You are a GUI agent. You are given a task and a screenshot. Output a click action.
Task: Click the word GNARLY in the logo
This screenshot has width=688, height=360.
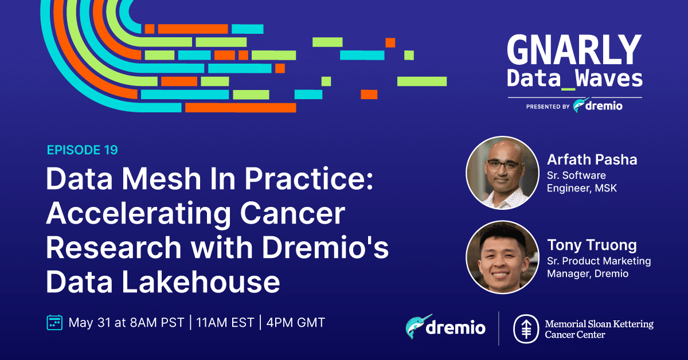574,49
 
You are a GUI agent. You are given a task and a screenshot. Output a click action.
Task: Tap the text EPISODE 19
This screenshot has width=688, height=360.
83,150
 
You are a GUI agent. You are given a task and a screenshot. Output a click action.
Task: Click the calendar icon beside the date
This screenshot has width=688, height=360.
54,323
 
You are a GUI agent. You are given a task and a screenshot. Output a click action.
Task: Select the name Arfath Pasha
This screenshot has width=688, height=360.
592,160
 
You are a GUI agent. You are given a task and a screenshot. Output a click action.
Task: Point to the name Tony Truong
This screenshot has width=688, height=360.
592,245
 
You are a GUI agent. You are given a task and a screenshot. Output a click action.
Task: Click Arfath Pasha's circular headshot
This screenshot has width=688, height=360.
502,173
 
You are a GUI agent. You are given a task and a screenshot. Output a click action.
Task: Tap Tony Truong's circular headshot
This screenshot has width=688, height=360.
502,257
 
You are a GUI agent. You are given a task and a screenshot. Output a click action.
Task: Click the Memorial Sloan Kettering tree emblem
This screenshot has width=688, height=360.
526,328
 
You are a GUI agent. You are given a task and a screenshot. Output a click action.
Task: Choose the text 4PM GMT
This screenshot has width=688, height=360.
296,323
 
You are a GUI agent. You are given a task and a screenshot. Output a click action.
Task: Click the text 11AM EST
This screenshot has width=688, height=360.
225,323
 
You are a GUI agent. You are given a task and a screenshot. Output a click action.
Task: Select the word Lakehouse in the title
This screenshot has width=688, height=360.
201,281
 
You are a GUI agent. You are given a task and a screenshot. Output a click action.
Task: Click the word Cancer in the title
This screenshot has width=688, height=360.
292,213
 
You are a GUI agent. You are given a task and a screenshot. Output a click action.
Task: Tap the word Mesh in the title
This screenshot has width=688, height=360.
162,179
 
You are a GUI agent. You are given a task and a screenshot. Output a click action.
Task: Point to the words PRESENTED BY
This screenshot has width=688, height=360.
548,107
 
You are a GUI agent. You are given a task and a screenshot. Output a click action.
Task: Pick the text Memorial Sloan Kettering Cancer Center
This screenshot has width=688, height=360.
599,329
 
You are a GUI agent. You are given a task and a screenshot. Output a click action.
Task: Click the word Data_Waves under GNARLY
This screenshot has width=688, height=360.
574,79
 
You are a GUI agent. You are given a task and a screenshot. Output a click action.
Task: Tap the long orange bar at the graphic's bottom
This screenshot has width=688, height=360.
240,108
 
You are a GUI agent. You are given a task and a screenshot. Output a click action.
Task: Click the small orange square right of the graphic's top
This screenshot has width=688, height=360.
390,42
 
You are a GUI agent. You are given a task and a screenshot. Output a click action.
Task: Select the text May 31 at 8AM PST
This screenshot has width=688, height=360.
126,323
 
